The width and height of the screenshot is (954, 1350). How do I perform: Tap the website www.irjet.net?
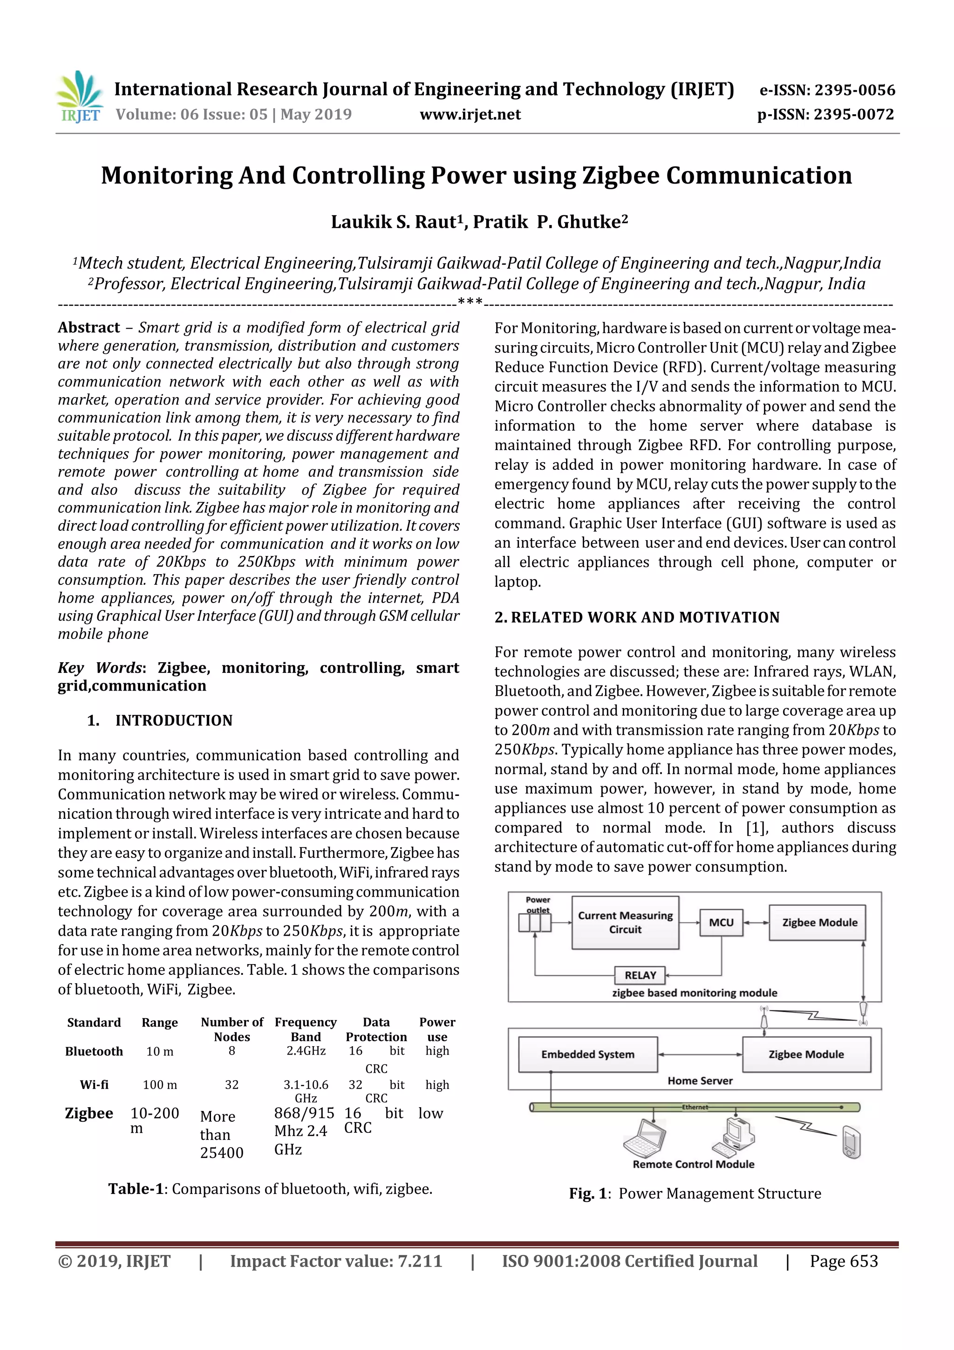pos(470,114)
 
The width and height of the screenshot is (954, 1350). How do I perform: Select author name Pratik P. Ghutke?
pos(550,222)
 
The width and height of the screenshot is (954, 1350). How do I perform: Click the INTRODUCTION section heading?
pos(174,720)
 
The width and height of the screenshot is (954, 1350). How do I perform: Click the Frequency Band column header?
pos(306,1029)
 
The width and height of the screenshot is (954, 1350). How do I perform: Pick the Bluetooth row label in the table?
pos(94,1051)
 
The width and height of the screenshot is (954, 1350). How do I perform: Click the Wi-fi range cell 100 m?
pos(160,1085)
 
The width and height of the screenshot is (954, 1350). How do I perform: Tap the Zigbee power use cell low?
pos(430,1113)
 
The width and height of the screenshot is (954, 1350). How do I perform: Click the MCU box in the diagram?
pos(721,923)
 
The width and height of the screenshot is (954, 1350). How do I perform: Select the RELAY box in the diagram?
pos(640,975)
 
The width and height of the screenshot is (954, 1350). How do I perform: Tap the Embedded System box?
pos(587,1054)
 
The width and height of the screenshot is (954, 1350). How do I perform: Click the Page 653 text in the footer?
pos(844,1261)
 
